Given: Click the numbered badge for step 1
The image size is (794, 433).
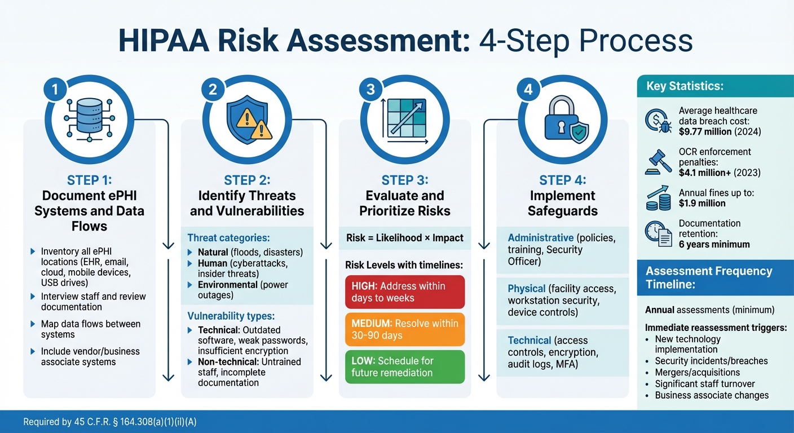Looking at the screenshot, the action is click(55, 89).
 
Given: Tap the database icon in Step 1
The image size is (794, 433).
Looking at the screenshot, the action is click(89, 120).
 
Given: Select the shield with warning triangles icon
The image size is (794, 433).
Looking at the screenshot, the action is click(249, 120).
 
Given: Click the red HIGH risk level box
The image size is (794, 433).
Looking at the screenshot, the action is click(405, 292).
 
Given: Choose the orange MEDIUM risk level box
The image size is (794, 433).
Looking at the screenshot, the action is click(405, 329).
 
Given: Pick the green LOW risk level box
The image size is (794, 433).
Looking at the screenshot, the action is click(405, 366).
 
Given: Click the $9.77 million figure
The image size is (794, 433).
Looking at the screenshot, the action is click(705, 132).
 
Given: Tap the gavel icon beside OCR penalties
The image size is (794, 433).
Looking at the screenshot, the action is click(658, 162).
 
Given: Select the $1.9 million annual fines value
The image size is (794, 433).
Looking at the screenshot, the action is click(702, 204).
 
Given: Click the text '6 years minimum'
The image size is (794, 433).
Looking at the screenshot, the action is click(714, 245).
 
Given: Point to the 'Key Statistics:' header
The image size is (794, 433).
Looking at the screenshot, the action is click(685, 86).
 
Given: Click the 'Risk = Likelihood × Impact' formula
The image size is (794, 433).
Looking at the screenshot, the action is click(405, 238).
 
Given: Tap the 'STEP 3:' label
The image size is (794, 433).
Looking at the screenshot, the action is click(405, 180).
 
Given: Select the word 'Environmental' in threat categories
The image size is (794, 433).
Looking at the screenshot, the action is click(228, 285).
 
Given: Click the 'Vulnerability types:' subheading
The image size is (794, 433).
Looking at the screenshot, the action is click(231, 316).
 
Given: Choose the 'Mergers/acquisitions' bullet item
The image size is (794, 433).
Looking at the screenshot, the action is click(697, 373).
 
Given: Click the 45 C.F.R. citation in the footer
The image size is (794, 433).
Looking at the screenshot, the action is click(110, 422).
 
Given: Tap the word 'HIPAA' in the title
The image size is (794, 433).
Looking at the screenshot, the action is click(164, 41).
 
